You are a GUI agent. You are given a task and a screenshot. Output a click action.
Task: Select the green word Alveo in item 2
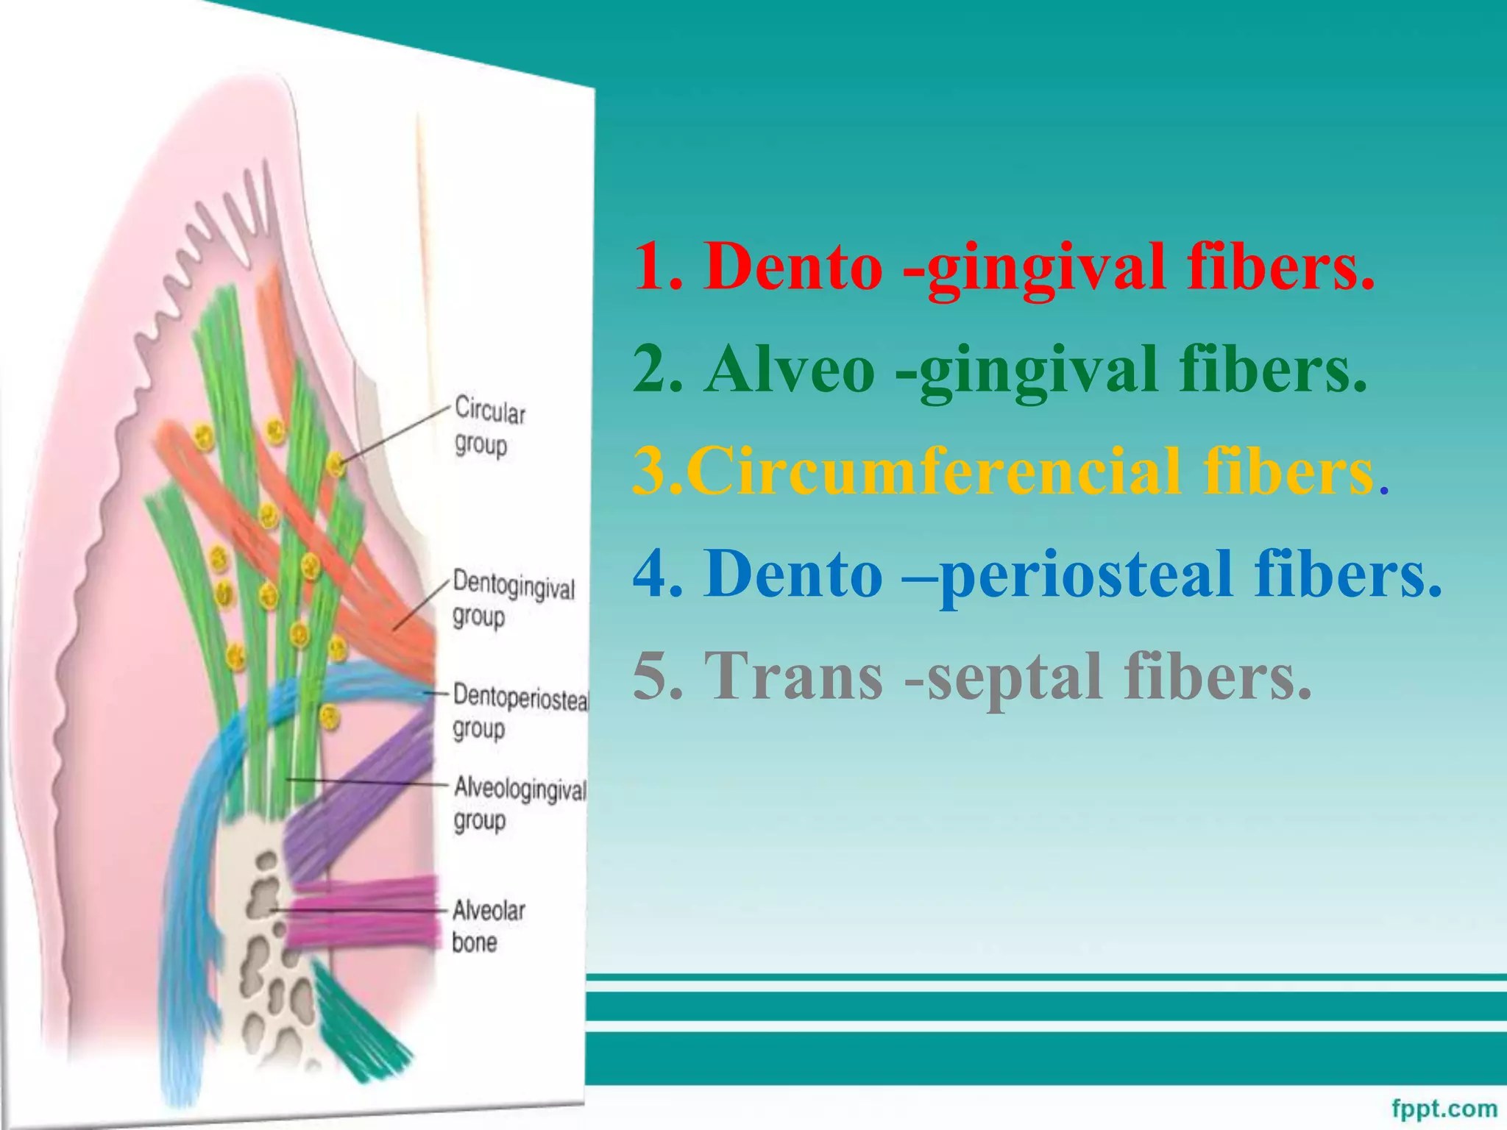click(789, 369)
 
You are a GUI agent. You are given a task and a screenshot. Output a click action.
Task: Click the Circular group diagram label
click(489, 427)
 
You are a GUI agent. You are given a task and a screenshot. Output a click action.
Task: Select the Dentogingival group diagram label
click(512, 600)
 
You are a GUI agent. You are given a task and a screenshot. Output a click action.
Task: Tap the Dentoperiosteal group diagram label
click(520, 711)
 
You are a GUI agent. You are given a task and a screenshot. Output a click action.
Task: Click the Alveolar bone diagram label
click(487, 925)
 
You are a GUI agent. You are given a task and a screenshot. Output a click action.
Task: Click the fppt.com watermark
click(1444, 1108)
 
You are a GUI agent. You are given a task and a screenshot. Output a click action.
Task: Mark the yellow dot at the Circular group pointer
click(336, 463)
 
